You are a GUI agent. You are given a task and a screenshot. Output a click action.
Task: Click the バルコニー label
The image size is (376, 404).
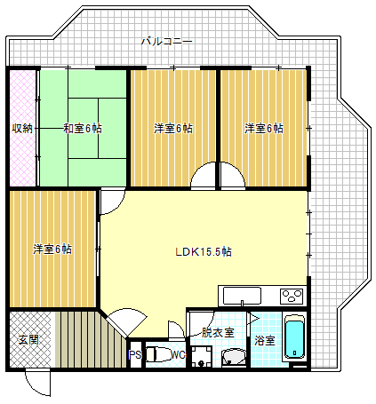[x=166, y=41]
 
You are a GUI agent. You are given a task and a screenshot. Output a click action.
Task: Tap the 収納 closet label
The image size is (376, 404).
[x=22, y=129]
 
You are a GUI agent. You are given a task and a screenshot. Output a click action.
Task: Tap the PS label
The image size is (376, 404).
[x=135, y=355]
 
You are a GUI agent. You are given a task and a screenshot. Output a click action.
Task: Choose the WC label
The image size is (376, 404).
[x=178, y=355]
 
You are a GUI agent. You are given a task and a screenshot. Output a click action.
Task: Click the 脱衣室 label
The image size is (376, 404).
[x=217, y=332]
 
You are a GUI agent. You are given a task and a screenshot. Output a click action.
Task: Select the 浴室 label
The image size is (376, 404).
[x=264, y=340]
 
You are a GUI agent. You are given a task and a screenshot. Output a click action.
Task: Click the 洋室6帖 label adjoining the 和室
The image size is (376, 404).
[x=173, y=129]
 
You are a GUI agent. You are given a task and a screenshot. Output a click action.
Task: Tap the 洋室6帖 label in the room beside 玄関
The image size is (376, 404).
[x=52, y=249]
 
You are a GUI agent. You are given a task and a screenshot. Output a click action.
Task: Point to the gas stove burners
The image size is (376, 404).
[x=291, y=295]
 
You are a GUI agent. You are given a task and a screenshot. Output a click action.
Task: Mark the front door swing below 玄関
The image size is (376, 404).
[x=36, y=382]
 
